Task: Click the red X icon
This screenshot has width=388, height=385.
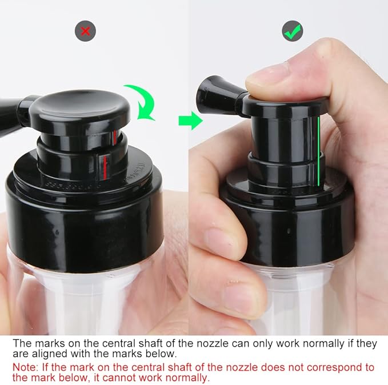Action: point(86,31)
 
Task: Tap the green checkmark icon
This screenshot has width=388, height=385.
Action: point(293,31)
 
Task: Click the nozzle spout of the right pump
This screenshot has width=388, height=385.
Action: point(213,93)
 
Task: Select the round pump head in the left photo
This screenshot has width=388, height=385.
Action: point(84,114)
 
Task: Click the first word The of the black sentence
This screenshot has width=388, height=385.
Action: point(22,343)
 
